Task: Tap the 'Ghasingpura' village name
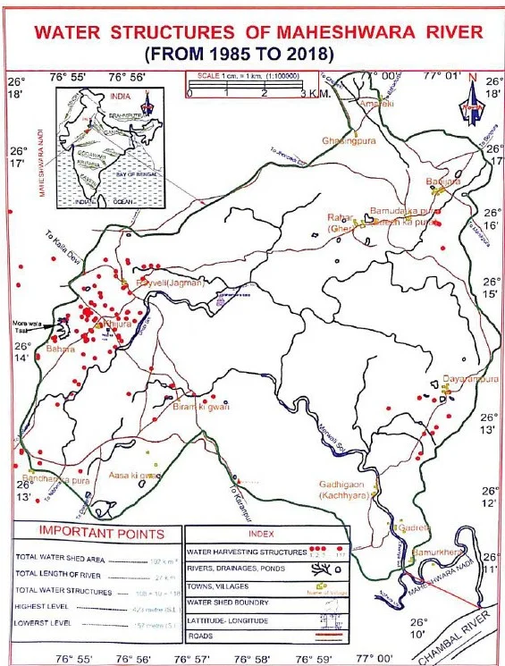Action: click(349, 140)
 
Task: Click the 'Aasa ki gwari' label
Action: click(134, 476)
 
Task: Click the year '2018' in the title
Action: click(307, 55)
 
